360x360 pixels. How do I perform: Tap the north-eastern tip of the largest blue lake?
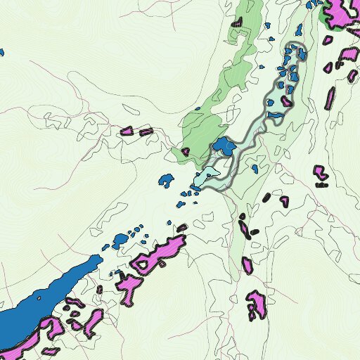[97, 259]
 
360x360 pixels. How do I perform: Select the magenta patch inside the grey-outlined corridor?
[287, 101]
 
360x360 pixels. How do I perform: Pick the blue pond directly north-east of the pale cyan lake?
[224, 146]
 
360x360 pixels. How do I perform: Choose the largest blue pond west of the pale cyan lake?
[166, 179]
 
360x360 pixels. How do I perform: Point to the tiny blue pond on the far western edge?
[1, 52]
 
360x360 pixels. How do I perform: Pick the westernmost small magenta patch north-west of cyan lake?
[127, 131]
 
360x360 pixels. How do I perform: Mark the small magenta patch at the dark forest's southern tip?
[186, 151]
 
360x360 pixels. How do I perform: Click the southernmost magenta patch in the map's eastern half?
[256, 304]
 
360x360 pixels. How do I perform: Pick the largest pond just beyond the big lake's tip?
[120, 240]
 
